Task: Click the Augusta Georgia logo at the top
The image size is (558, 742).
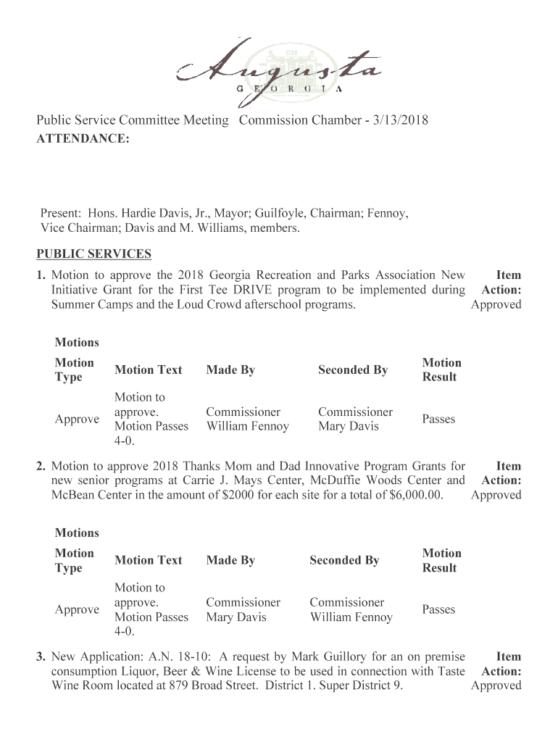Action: click(x=278, y=66)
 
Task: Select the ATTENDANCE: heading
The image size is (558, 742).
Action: click(x=83, y=138)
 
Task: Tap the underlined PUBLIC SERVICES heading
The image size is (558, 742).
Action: click(x=94, y=254)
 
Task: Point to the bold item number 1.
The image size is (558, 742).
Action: click(x=42, y=275)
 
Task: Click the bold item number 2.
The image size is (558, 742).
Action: click(x=42, y=466)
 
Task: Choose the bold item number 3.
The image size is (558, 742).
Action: click(x=42, y=656)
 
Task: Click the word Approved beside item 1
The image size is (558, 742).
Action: click(x=496, y=304)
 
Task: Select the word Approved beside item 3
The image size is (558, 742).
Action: click(x=496, y=685)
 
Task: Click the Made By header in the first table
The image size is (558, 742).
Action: click(x=230, y=370)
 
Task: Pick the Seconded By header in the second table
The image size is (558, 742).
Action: click(x=344, y=560)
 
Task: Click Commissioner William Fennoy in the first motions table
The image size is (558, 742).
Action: click(x=247, y=419)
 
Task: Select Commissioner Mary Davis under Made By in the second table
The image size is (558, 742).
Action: click(x=243, y=609)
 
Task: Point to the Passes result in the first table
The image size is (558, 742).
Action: click(x=438, y=419)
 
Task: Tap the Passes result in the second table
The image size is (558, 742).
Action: click(x=438, y=609)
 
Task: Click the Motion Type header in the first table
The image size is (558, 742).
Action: click(x=74, y=370)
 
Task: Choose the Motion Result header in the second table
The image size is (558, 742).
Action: click(x=441, y=560)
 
